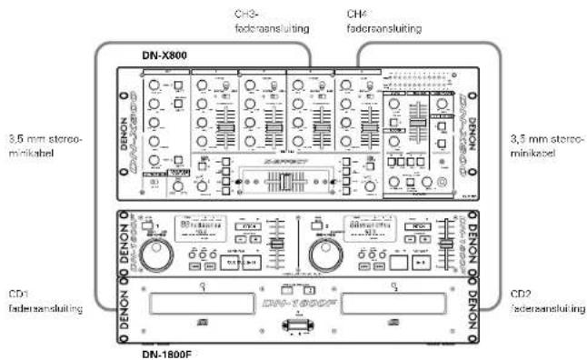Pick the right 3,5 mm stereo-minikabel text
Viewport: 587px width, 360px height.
[546, 146]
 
